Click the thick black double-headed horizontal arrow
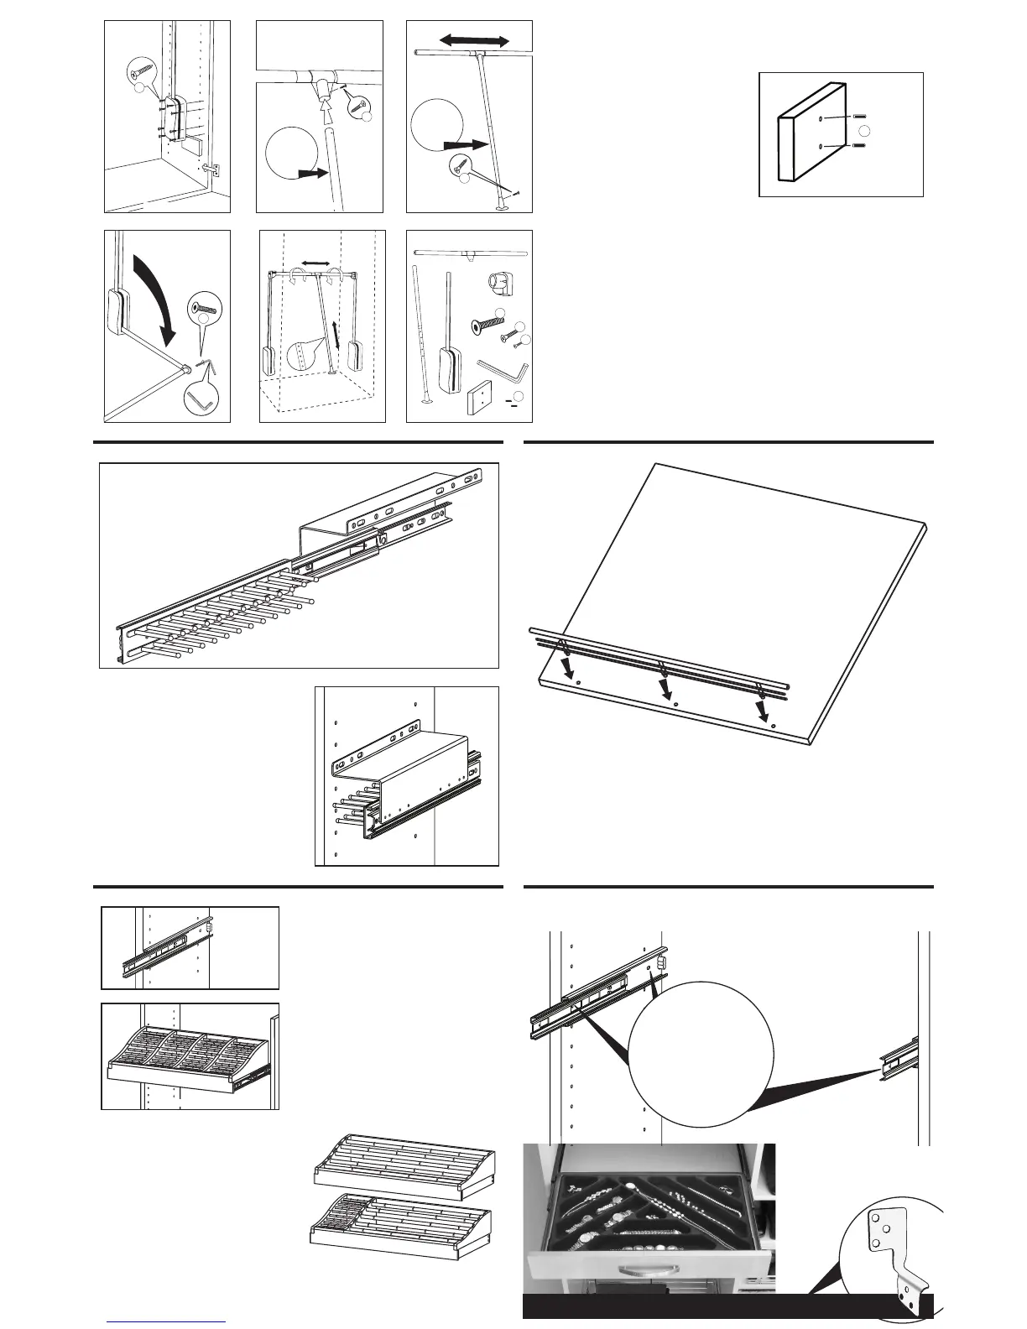pyautogui.click(x=475, y=40)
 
